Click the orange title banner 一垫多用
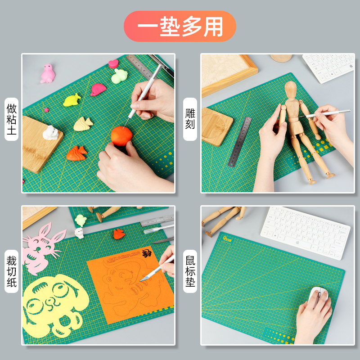point(180,26)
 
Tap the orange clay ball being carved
point(121,135)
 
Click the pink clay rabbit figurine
point(47,73)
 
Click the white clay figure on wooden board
point(51,132)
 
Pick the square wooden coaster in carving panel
point(216,126)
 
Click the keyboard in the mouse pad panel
point(305,232)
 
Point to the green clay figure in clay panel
point(119,76)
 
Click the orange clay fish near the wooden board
point(77,153)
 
